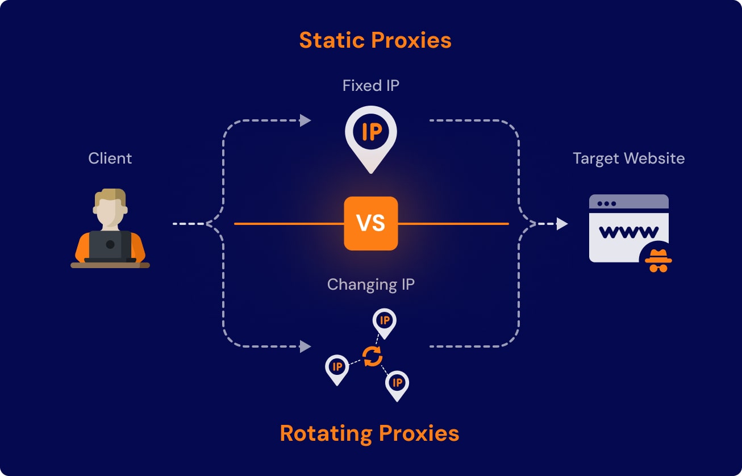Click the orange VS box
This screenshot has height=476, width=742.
(x=371, y=223)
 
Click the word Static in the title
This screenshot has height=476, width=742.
(x=331, y=40)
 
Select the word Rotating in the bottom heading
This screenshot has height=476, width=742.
(x=326, y=433)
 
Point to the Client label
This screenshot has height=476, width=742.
(x=110, y=158)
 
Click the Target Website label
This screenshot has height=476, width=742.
(x=628, y=158)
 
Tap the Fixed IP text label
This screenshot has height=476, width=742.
(x=371, y=86)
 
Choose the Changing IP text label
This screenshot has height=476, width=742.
(x=371, y=284)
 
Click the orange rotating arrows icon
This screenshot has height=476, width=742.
(x=372, y=357)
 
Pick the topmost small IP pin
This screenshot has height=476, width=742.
(x=385, y=321)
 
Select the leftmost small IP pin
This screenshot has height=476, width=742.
(x=337, y=368)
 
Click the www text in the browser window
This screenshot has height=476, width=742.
(x=628, y=232)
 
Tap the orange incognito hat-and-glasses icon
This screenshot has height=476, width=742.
(x=658, y=260)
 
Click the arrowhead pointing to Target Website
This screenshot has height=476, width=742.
(x=562, y=224)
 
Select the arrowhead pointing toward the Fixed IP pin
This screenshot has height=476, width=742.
(x=306, y=120)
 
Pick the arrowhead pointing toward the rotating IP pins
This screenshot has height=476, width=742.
(x=306, y=346)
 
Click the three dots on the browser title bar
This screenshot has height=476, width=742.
(x=606, y=203)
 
